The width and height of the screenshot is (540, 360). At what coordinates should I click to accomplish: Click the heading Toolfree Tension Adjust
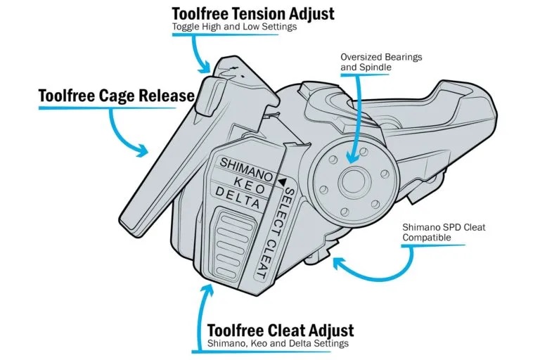253,14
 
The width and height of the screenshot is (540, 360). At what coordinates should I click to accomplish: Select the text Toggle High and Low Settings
234,27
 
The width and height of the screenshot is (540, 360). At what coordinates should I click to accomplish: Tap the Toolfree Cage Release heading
117,96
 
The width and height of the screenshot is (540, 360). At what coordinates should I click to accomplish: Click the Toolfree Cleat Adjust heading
281,330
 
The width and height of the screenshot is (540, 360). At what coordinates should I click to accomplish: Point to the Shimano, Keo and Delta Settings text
278,343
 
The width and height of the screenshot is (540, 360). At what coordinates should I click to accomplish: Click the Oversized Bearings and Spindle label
381,62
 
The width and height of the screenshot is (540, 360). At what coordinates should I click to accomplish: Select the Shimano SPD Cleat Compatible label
444,232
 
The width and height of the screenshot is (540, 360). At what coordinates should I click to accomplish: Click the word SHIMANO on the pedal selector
246,169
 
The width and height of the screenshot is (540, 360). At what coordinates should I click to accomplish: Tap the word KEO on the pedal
250,185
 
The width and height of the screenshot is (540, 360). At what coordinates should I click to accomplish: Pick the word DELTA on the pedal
237,198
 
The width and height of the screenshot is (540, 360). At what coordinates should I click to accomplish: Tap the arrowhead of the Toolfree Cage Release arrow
143,150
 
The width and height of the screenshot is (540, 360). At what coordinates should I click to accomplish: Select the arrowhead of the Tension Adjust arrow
205,67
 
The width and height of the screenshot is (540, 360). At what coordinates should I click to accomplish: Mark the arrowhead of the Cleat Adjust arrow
207,290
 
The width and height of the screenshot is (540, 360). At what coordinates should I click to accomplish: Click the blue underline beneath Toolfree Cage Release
107,108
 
